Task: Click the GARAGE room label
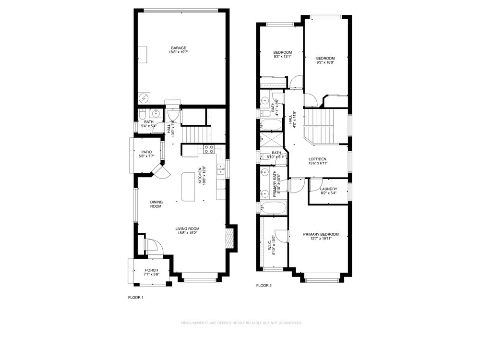[x=178, y=48]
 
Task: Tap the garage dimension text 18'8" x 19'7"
[x=178, y=52]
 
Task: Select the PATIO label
[x=146, y=152]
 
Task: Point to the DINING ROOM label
[x=156, y=204]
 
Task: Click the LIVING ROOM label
[x=187, y=228]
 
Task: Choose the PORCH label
[x=151, y=270]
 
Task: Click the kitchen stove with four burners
[x=209, y=149]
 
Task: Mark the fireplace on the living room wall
[x=230, y=239]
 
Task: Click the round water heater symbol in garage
[x=144, y=98]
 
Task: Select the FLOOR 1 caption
[x=135, y=298]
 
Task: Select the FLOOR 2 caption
[x=264, y=286]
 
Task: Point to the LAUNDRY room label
[x=328, y=189]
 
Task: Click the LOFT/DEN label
[x=317, y=158]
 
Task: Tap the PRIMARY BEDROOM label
[x=321, y=234]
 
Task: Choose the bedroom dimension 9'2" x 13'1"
[x=283, y=57]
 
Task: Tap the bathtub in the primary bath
[x=273, y=208]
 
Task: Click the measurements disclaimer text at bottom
[x=241, y=323]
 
